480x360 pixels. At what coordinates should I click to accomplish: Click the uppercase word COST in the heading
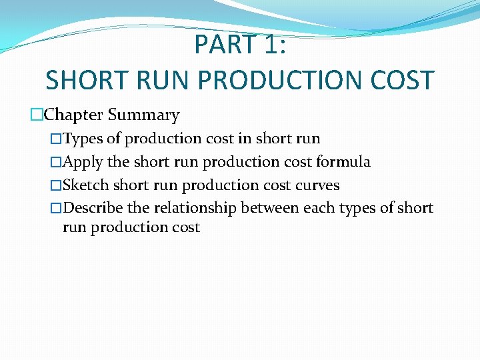(x=403, y=81)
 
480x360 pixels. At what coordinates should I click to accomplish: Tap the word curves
(x=317, y=185)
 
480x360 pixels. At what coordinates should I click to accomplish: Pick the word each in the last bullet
(x=318, y=208)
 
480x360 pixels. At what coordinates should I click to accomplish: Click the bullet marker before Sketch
(x=57, y=185)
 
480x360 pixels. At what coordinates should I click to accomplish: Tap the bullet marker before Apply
(x=57, y=162)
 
